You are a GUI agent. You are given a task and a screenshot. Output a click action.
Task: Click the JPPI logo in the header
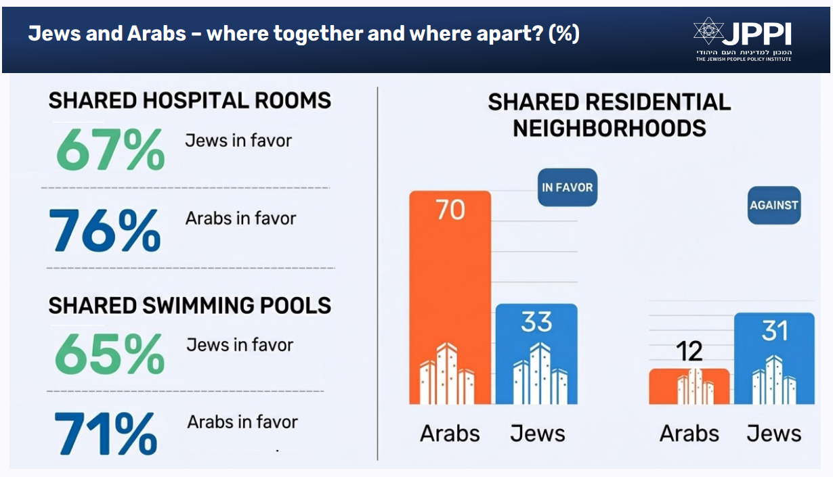point(742,39)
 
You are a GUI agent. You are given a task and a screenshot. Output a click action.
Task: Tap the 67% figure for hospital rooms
point(110,149)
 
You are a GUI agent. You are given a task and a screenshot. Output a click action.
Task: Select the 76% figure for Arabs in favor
point(106,229)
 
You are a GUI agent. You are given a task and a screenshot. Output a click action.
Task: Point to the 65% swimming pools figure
point(109,354)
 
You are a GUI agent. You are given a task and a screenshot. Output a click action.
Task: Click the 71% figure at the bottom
point(105,432)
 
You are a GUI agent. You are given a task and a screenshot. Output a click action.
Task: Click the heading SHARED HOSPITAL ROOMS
point(190,101)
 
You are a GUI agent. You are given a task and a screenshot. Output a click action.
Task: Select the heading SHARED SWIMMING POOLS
point(190,305)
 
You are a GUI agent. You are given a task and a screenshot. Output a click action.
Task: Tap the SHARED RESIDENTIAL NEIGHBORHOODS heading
point(609,115)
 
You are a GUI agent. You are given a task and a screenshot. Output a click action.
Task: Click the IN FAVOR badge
point(567,187)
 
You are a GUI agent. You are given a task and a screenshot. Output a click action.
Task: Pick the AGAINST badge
point(774,205)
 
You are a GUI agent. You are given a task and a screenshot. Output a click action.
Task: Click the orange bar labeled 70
point(450,298)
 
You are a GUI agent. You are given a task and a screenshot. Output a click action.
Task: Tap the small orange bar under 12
point(689,386)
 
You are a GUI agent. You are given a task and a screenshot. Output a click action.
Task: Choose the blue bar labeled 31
point(774,359)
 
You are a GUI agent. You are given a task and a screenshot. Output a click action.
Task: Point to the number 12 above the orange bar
point(689,352)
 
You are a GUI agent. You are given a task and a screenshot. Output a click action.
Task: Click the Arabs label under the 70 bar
point(450,433)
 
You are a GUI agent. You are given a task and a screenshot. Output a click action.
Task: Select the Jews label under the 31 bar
point(774,433)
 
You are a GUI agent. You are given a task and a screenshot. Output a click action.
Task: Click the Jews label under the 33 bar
point(537,433)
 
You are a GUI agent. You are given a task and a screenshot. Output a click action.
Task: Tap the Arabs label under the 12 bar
point(689,433)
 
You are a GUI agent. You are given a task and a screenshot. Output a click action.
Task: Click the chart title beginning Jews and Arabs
point(303,34)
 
